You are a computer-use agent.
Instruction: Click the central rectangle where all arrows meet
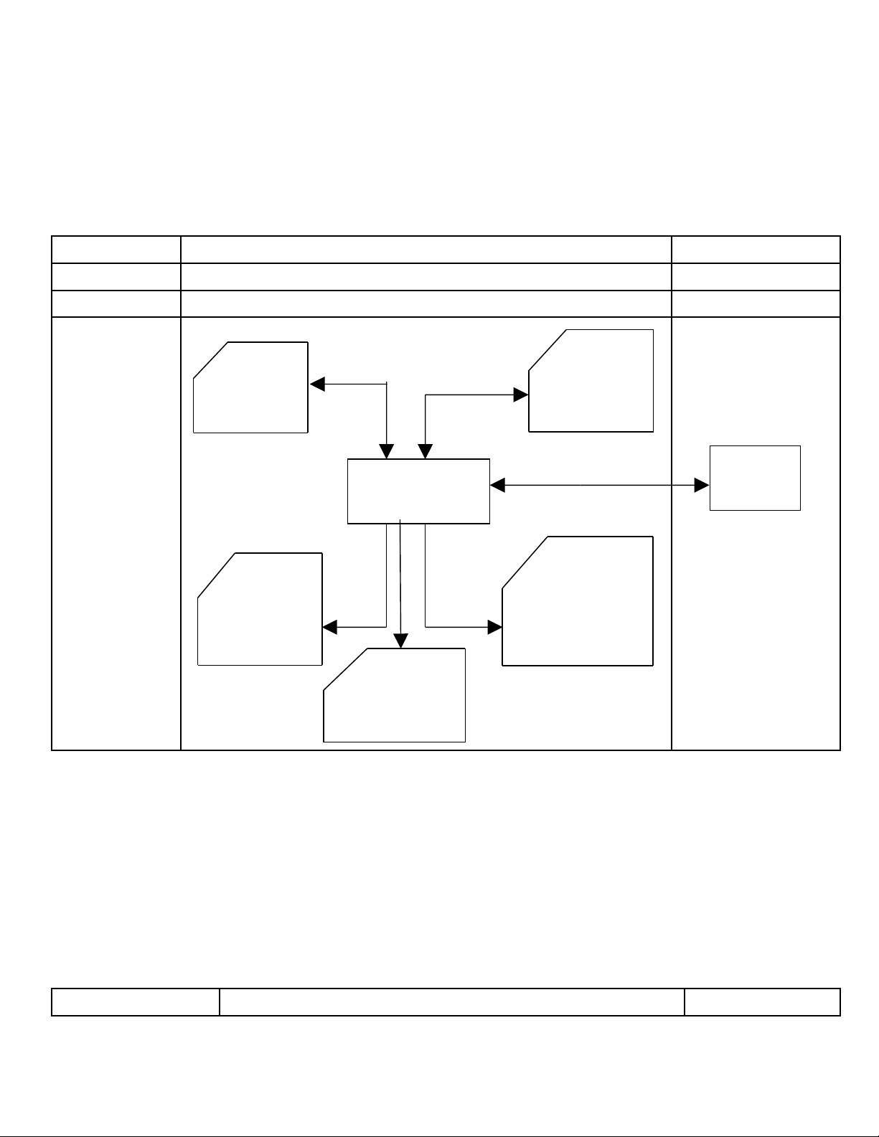click(418, 491)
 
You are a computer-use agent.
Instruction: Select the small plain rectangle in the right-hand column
click(755, 478)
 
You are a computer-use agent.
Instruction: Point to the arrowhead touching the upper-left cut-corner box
click(317, 384)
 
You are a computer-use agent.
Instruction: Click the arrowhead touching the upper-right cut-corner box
click(520, 395)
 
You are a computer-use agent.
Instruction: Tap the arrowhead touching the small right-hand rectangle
click(702, 486)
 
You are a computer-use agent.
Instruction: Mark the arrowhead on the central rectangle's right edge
click(498, 486)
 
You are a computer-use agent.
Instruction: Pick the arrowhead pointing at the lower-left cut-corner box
click(330, 627)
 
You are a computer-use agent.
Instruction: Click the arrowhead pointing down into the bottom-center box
click(401, 641)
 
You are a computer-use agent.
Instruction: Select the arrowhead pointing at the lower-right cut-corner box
click(494, 627)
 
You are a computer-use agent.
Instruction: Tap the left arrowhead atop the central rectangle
click(387, 452)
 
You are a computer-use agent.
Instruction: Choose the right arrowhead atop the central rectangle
click(426, 452)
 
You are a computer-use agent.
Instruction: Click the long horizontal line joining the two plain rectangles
click(600, 486)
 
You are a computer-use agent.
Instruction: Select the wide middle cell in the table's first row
click(426, 250)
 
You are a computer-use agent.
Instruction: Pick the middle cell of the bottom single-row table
click(451, 1001)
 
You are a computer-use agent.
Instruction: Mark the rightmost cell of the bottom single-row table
click(762, 1001)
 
